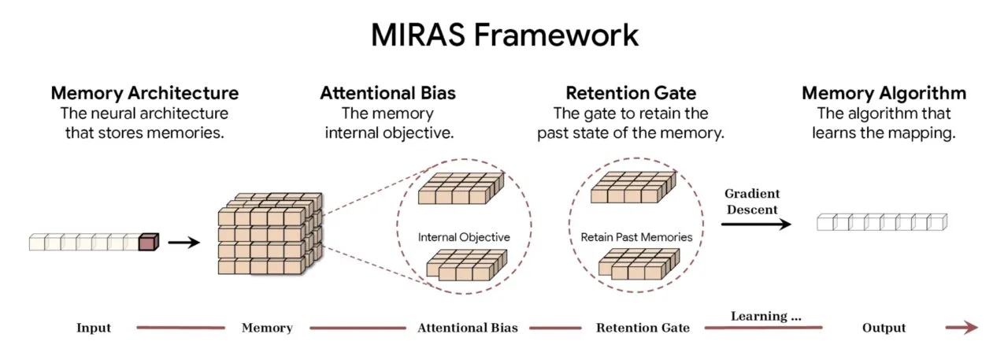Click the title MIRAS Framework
[504, 35]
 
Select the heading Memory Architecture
[144, 93]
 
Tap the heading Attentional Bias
[387, 93]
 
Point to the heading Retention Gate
[630, 93]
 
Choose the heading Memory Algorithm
[884, 93]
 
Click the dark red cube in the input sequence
[148, 242]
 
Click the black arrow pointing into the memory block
[184, 242]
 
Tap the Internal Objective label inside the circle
[464, 236]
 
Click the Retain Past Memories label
[636, 236]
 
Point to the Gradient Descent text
[752, 202]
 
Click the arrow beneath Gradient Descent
[756, 225]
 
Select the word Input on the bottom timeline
[94, 328]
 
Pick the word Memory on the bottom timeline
[267, 328]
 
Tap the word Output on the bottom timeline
[883, 328]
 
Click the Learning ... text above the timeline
[765, 316]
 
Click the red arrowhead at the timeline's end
[971, 328]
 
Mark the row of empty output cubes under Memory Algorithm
[882, 222]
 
